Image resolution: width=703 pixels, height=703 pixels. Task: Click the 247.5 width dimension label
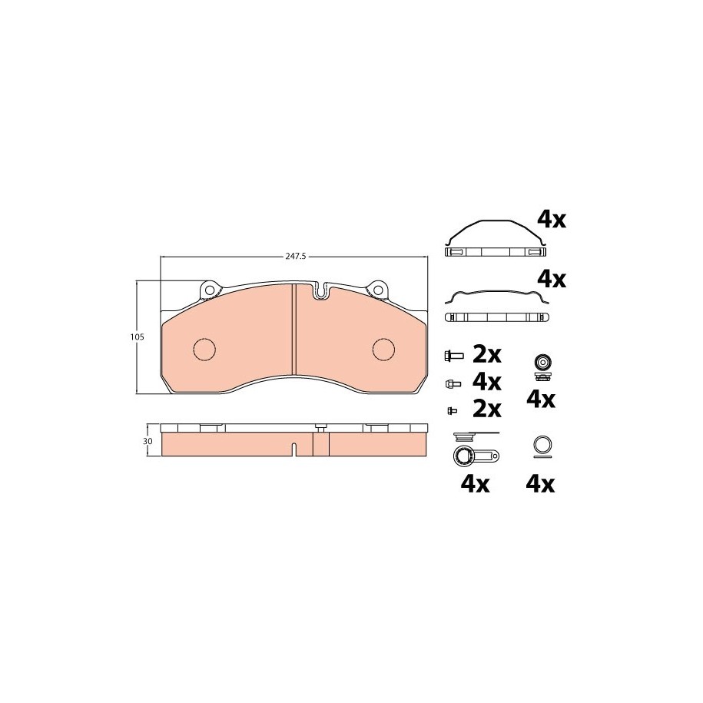tap(296, 257)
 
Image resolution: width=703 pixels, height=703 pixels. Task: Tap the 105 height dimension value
tap(138, 337)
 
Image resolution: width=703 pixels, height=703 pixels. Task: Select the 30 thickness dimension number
tap(148, 441)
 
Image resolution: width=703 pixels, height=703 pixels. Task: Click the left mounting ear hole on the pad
tap(208, 290)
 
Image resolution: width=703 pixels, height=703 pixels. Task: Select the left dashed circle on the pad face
tap(204, 348)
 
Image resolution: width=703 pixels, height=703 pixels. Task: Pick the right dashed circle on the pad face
tap(384, 348)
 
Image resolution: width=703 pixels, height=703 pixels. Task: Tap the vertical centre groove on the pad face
tap(294, 329)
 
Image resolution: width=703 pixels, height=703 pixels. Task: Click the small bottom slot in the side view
tap(293, 449)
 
